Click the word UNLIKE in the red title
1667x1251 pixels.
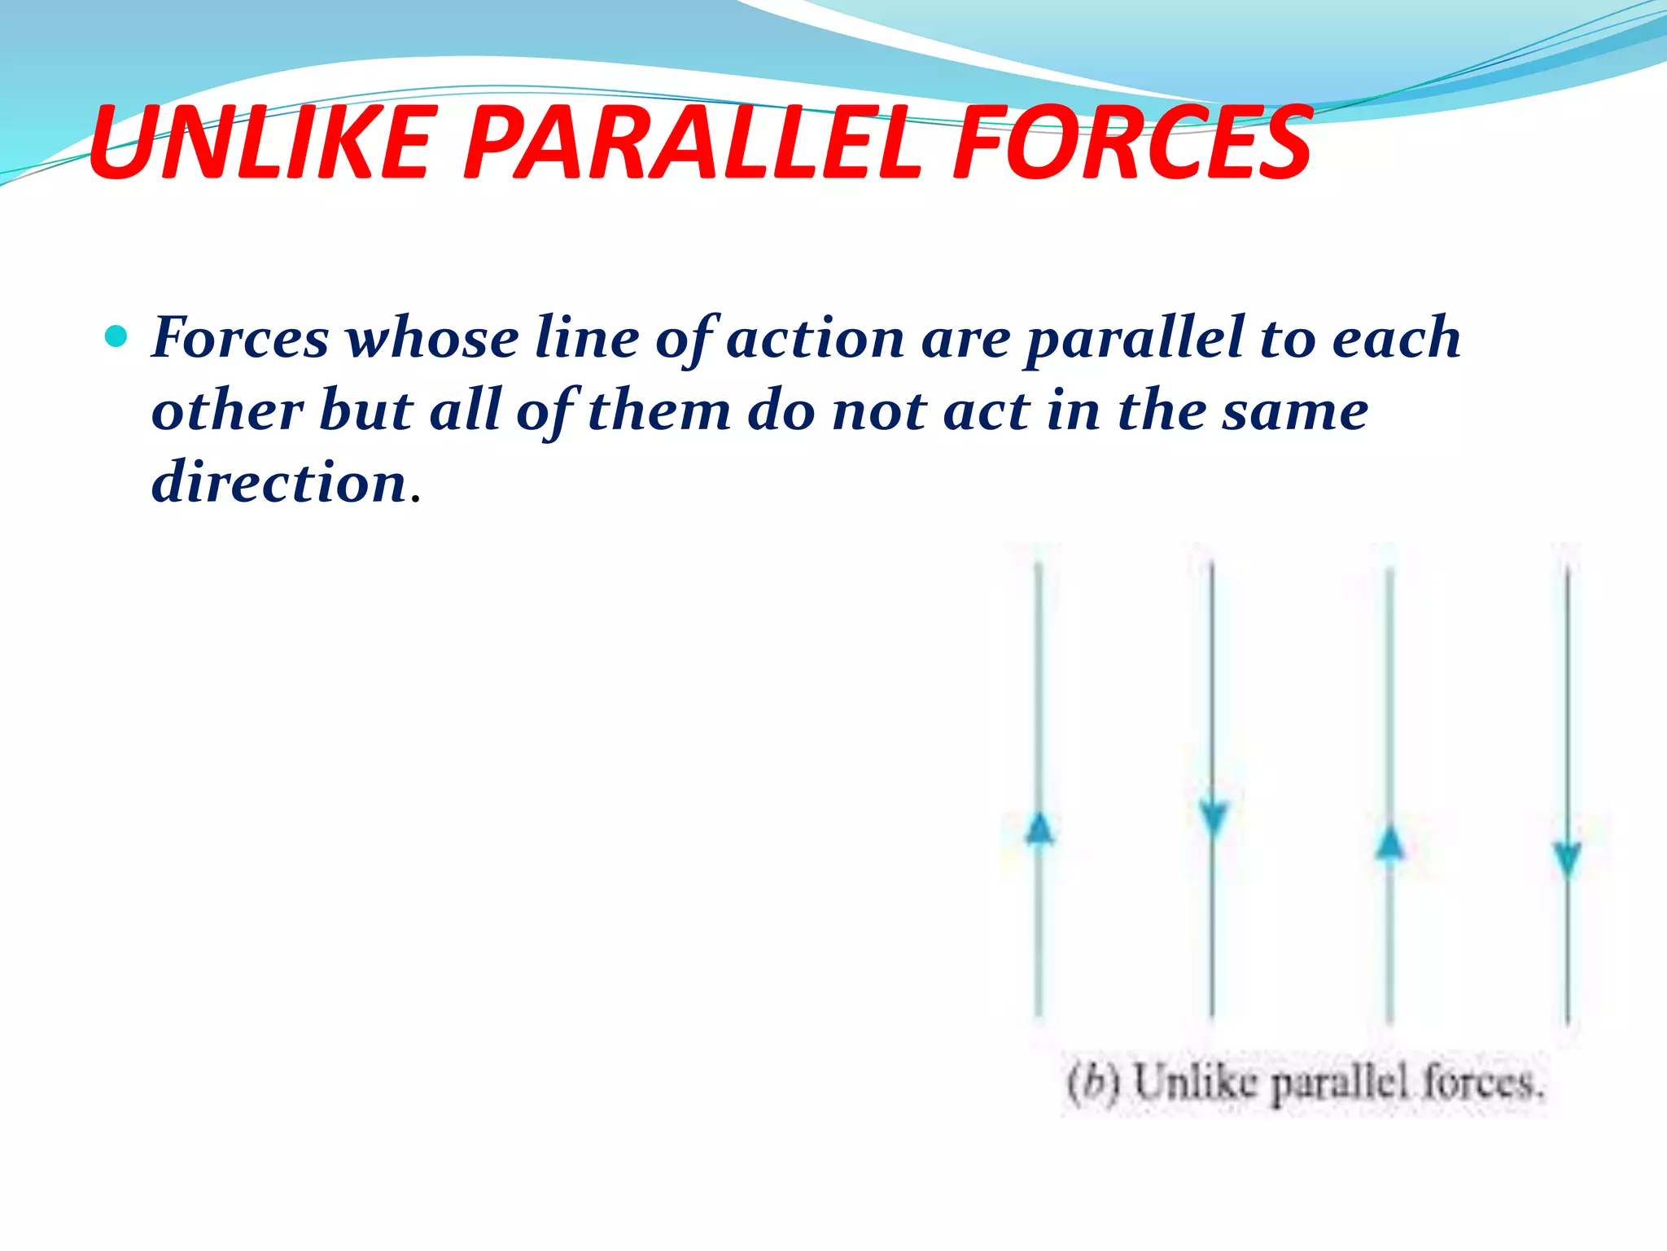(x=259, y=144)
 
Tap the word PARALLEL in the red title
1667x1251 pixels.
(x=692, y=144)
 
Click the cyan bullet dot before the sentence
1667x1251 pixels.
(x=117, y=336)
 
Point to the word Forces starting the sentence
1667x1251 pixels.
(x=240, y=338)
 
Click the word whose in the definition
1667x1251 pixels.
(x=432, y=338)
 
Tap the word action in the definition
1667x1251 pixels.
(x=815, y=338)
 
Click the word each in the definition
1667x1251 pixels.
(x=1396, y=338)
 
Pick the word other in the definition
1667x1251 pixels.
(x=228, y=410)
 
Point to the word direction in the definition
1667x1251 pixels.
(x=279, y=482)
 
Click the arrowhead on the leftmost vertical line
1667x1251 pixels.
(x=1039, y=829)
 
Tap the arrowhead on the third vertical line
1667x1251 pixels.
(x=1390, y=842)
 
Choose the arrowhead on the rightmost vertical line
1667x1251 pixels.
(x=1568, y=860)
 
